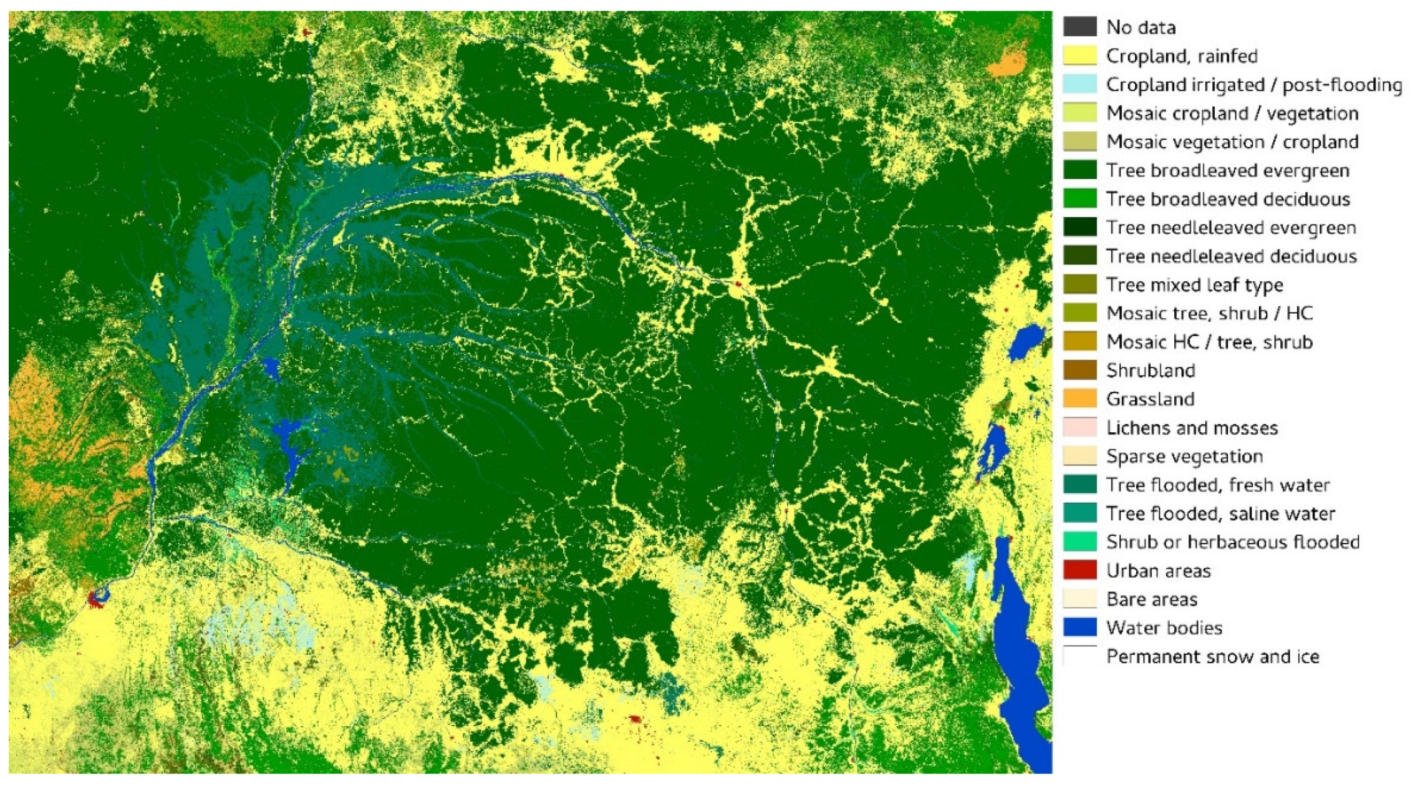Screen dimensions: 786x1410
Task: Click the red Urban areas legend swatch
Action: pos(1079,570)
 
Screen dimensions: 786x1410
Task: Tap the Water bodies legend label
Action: pos(1164,628)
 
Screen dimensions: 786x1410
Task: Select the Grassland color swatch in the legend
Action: pos(1079,399)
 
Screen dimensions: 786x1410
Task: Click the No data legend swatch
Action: pos(1079,27)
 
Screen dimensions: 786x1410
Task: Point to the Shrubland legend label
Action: pos(1150,371)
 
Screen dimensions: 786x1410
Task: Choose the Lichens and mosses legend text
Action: pos(1192,428)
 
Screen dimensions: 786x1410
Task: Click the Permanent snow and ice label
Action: pos(1212,656)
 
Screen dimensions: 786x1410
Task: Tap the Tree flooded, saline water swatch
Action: pos(1079,513)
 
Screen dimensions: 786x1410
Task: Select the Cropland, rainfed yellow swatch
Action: pos(1079,56)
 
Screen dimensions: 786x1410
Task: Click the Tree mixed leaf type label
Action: pos(1194,285)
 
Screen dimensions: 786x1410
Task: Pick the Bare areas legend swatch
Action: pos(1079,599)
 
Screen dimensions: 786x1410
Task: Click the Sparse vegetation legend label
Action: pos(1184,456)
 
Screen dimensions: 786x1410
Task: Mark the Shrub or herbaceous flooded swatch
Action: pos(1079,541)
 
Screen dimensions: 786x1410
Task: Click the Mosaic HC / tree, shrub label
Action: pos(1209,342)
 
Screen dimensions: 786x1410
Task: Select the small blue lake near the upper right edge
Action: pos(1024,341)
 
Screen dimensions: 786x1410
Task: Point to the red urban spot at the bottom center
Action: pos(635,719)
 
